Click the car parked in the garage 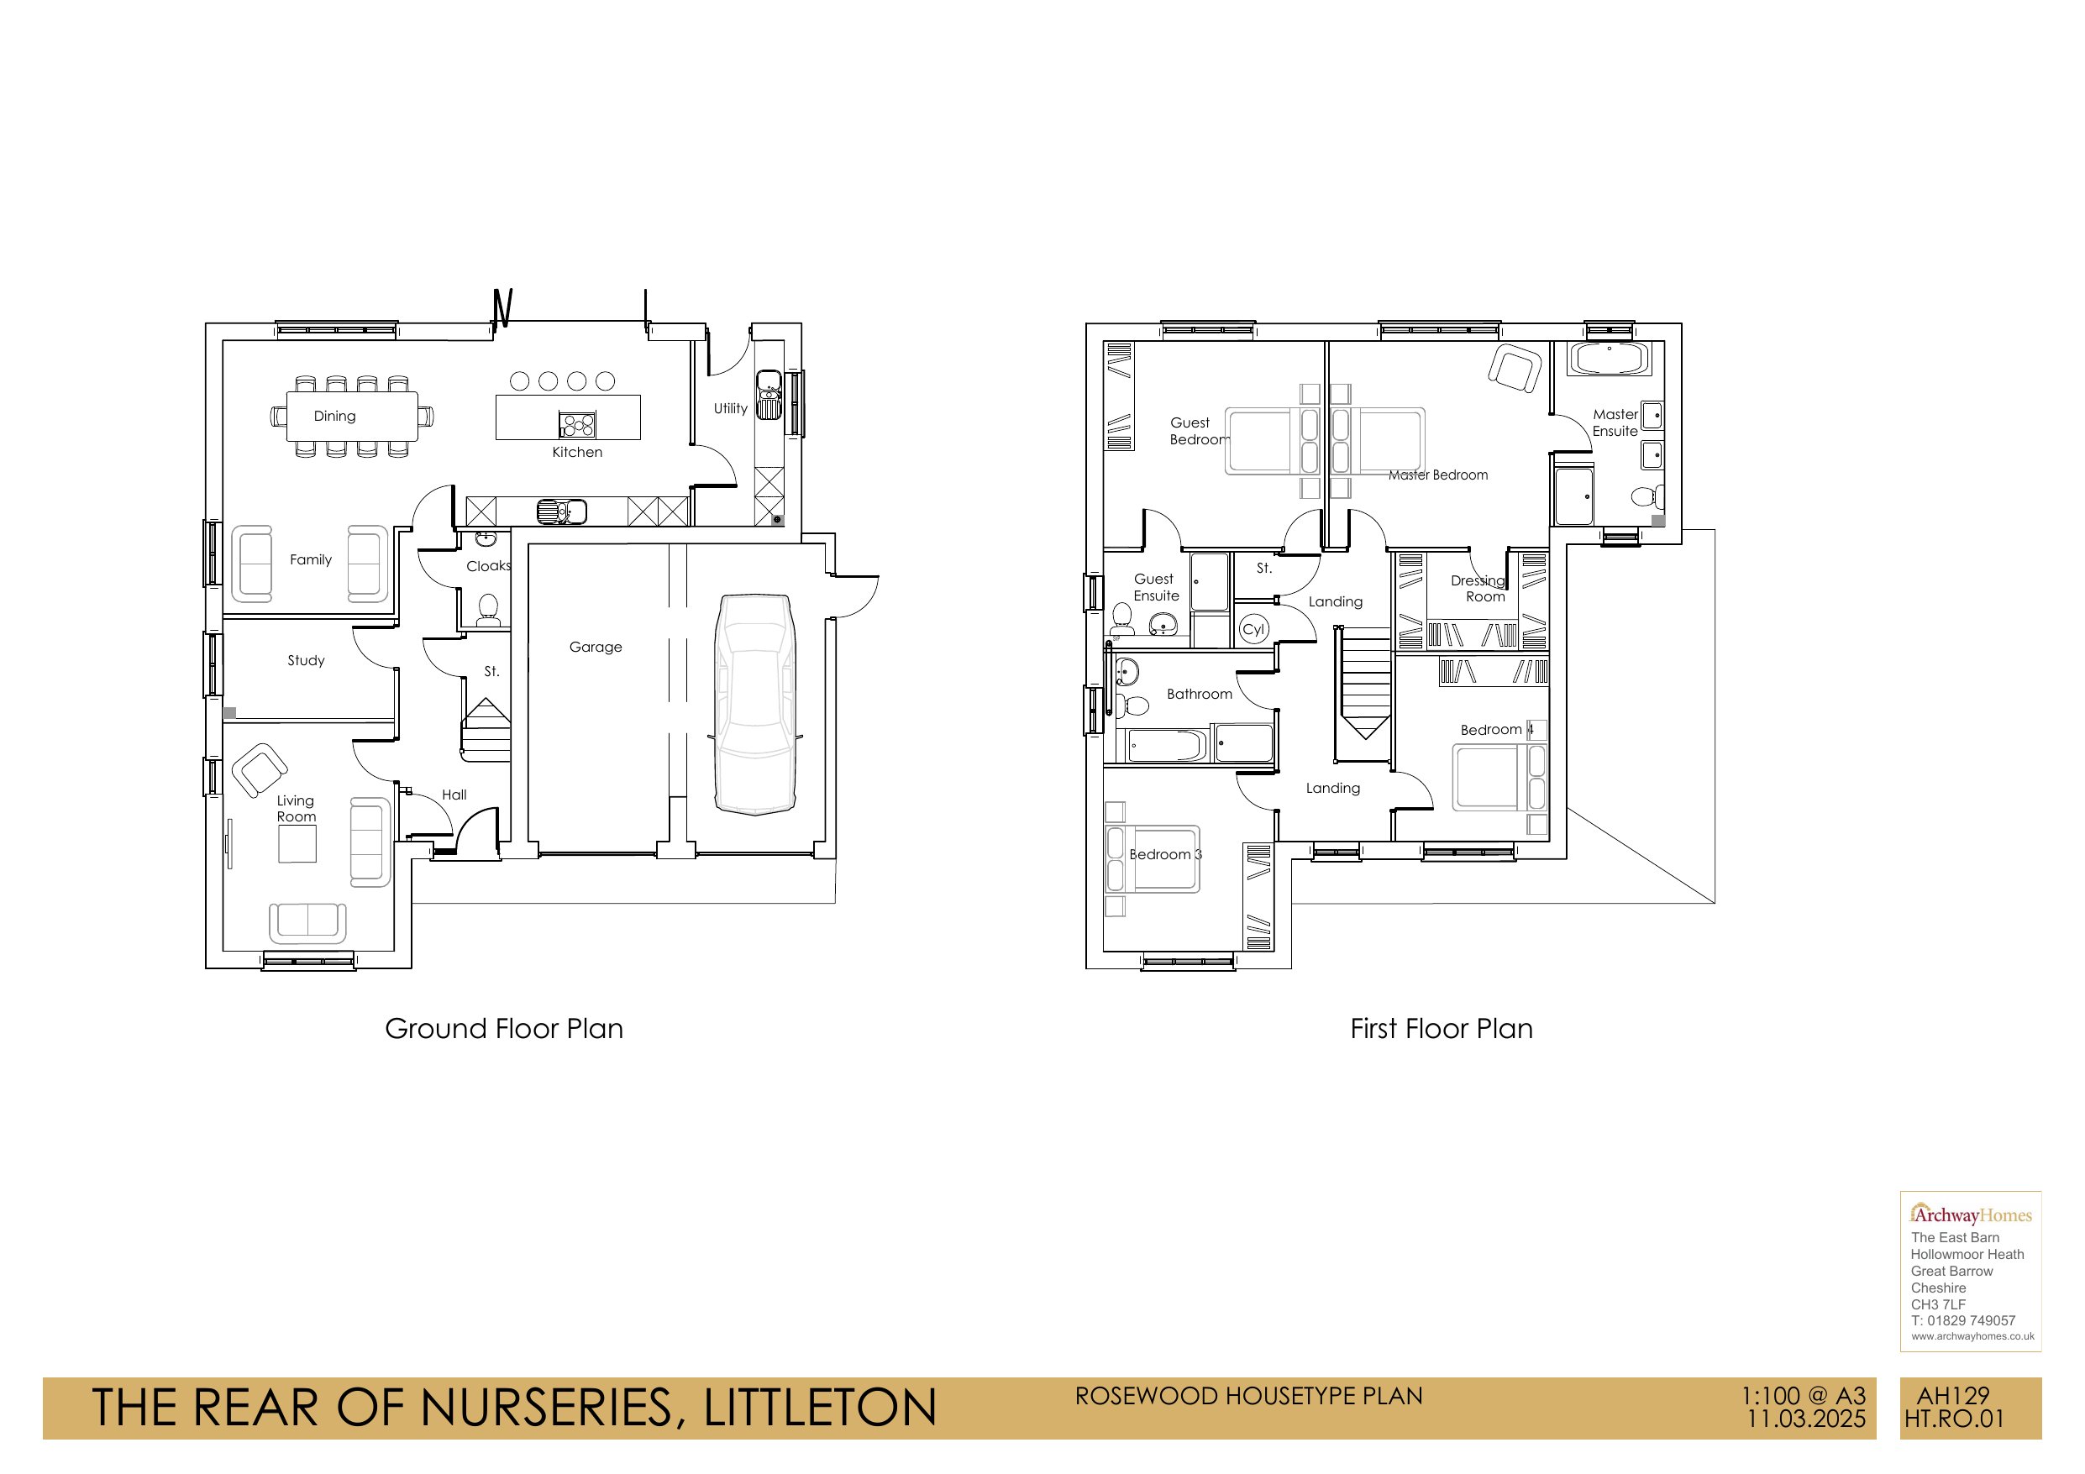(x=755, y=705)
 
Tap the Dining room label (x=334, y=416)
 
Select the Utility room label (x=730, y=409)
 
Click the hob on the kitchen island (x=576, y=425)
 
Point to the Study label (x=306, y=660)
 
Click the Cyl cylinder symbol (x=1253, y=629)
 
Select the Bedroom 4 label (x=1497, y=730)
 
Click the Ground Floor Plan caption (x=504, y=1029)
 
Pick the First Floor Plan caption (x=1442, y=1029)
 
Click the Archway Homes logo (x=1971, y=1214)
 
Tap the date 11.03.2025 (x=1806, y=1419)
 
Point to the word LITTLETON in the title (x=820, y=1408)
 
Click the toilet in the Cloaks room (x=489, y=610)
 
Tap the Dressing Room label (x=1478, y=589)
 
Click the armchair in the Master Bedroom (x=1515, y=368)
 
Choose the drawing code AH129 (x=1953, y=1396)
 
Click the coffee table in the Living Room (x=297, y=845)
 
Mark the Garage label (x=596, y=648)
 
